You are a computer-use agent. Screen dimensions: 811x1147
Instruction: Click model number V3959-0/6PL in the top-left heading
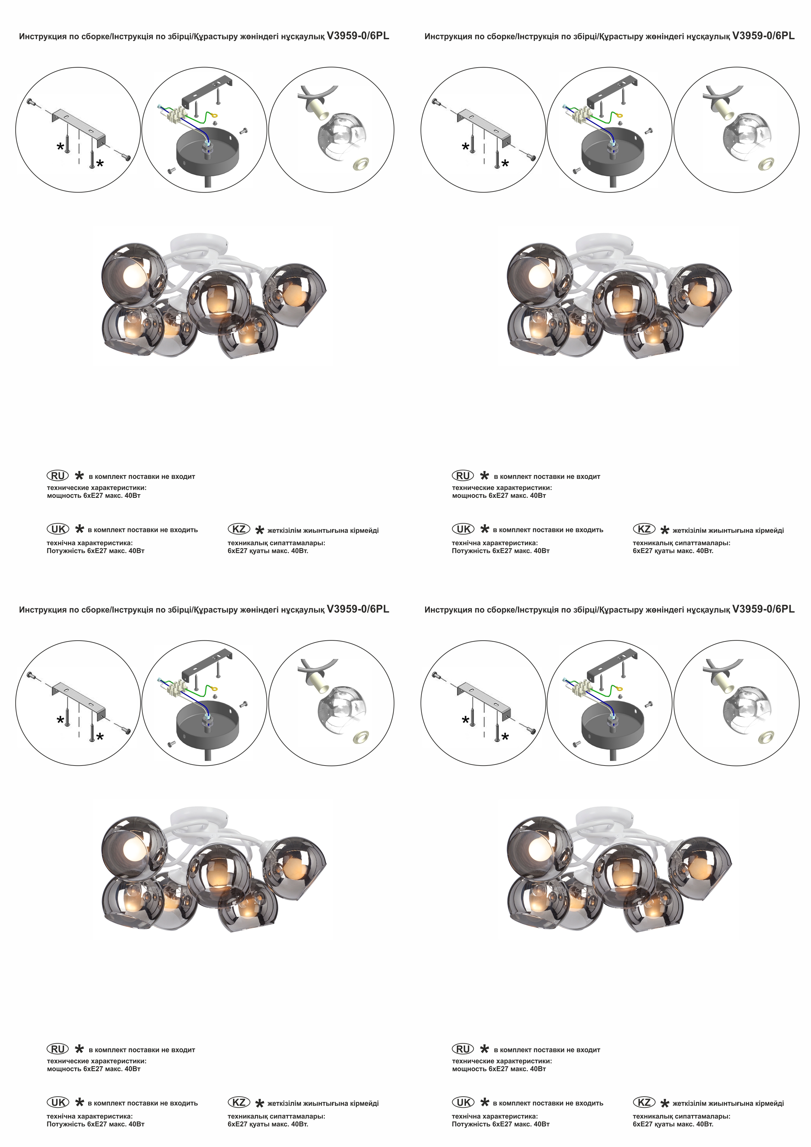[357, 36]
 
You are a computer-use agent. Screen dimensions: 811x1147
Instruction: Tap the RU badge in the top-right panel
[462, 476]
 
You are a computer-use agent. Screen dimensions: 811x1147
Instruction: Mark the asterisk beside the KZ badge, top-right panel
[664, 530]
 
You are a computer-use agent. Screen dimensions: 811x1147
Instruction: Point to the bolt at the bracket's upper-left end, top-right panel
[436, 102]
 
